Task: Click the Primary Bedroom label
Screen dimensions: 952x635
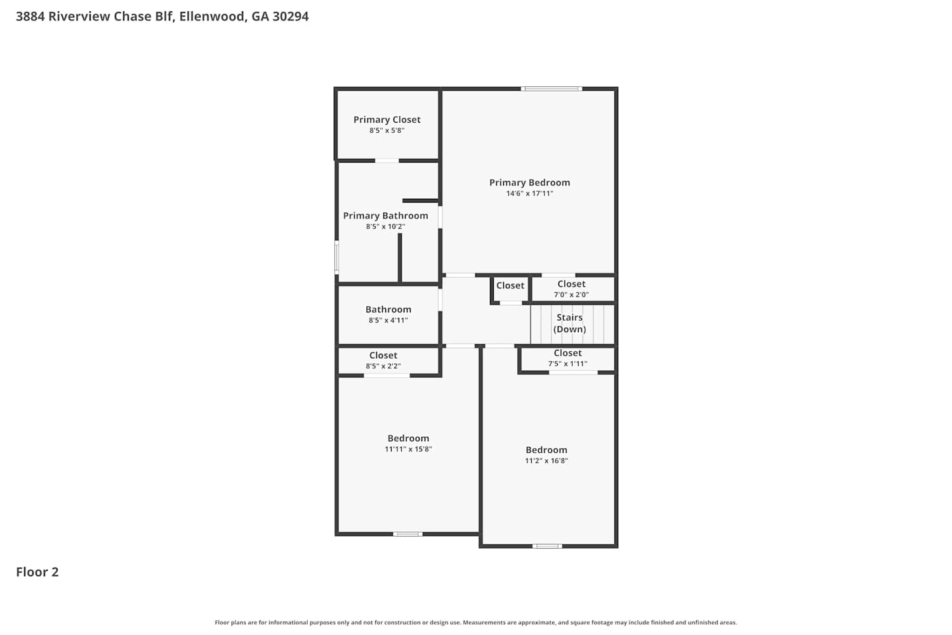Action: [x=529, y=182]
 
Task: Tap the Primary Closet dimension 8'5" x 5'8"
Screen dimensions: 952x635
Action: [x=387, y=130]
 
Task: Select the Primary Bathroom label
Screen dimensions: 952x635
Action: [x=385, y=216]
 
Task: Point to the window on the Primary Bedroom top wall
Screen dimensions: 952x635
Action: [x=552, y=89]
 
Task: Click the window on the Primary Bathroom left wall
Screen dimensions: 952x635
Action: [x=336, y=257]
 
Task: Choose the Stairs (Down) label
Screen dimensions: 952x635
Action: [x=569, y=323]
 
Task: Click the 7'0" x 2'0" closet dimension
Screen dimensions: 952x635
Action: [x=571, y=294]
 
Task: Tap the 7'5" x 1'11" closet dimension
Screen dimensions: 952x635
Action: [x=567, y=364]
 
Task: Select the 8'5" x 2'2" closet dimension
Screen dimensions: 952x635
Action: [x=383, y=366]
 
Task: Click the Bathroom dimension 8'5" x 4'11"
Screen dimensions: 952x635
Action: [x=388, y=320]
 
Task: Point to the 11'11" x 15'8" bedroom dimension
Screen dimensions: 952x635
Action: [x=408, y=449]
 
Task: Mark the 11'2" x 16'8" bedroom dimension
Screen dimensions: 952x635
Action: [x=546, y=460]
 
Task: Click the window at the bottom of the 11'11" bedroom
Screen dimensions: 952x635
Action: [x=407, y=534]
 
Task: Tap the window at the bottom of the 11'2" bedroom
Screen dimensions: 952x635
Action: [x=547, y=546]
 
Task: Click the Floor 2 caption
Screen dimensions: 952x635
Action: [x=37, y=572]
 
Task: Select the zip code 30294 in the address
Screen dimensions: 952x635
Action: [x=291, y=16]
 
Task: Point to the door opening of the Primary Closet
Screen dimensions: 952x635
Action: [x=387, y=161]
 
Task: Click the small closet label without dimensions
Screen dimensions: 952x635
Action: [x=510, y=285]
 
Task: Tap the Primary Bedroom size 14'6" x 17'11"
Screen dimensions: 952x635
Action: [x=529, y=194]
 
